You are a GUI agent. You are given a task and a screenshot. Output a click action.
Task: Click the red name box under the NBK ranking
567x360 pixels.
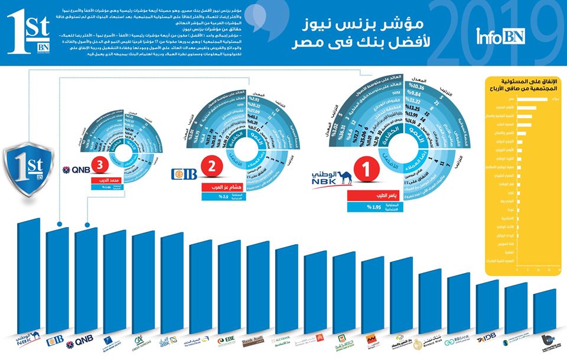pyautogui.click(x=370, y=197)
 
